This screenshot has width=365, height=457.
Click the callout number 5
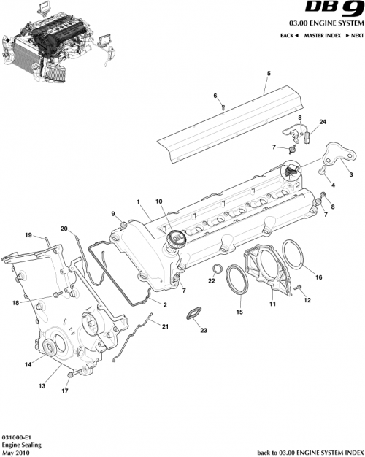pos(268,74)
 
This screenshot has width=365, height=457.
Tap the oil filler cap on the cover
pos(176,239)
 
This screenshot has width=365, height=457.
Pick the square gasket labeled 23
pos(193,315)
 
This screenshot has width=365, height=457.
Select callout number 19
pos(29,235)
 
